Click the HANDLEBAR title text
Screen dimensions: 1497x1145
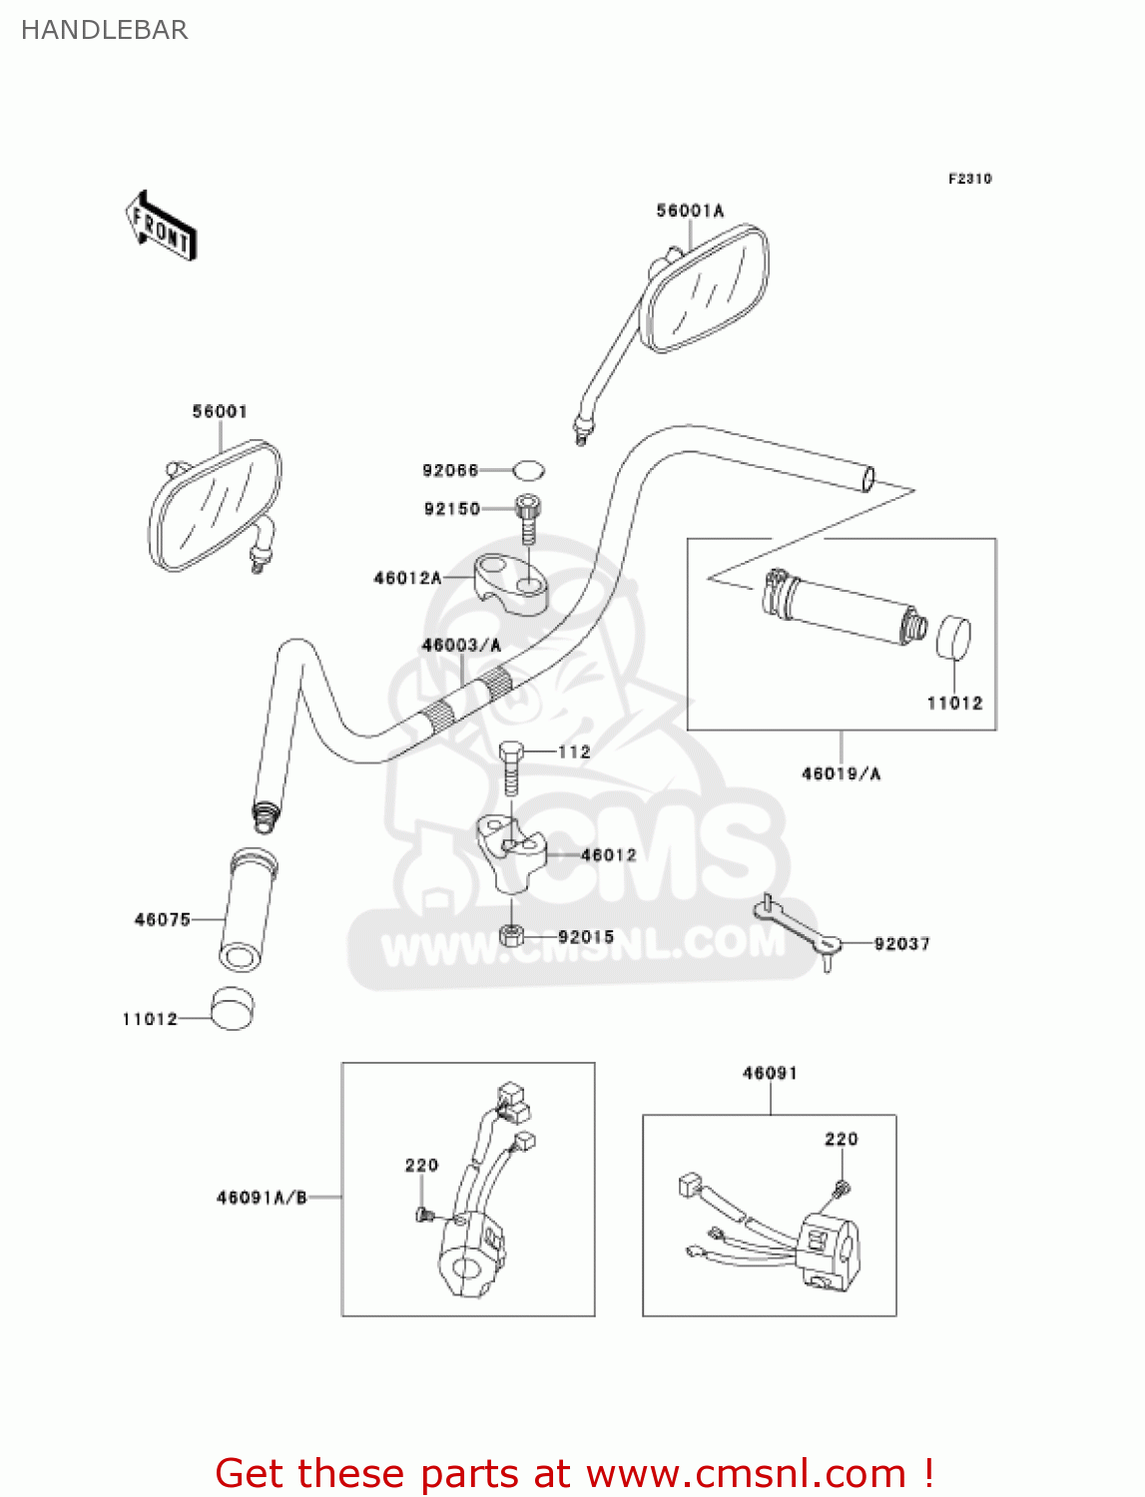click(x=104, y=30)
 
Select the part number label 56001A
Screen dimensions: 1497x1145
click(x=690, y=211)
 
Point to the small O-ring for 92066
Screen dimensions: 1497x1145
click(x=529, y=469)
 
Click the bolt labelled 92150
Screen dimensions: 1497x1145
click(x=527, y=517)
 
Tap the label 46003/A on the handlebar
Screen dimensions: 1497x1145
click(x=461, y=646)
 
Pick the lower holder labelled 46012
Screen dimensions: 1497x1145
click(x=511, y=853)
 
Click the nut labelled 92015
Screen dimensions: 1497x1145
click(x=511, y=936)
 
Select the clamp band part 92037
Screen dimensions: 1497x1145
click(x=799, y=929)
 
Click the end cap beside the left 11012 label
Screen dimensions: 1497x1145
click(x=232, y=1008)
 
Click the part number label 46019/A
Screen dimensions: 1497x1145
click(x=842, y=773)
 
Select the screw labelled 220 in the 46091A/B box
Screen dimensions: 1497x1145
click(x=423, y=1215)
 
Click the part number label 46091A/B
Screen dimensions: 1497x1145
click(x=262, y=1198)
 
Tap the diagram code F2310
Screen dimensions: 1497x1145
click(x=969, y=179)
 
